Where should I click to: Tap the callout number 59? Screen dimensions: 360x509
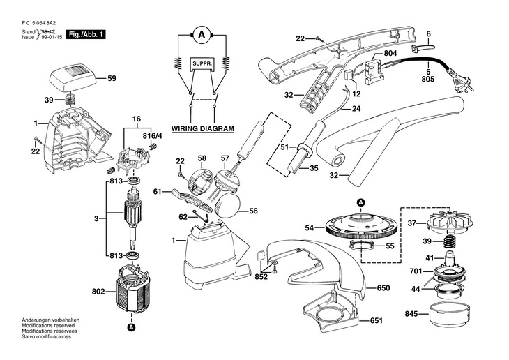(x=112, y=79)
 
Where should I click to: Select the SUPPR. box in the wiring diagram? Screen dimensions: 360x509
(x=202, y=64)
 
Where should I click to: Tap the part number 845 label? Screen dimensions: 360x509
(x=412, y=314)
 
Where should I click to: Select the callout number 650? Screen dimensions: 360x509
(x=383, y=287)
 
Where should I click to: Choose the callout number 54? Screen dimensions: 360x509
(x=310, y=227)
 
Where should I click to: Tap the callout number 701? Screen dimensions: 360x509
(x=415, y=271)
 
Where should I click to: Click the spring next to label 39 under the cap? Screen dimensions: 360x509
(x=70, y=101)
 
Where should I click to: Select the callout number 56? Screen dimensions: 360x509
(x=253, y=211)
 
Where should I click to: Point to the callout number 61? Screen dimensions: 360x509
(x=158, y=191)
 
